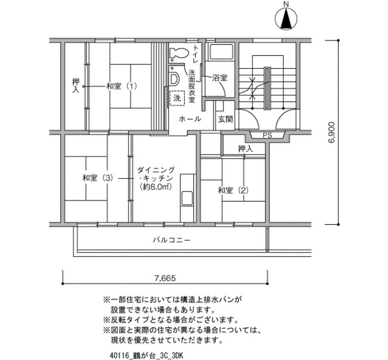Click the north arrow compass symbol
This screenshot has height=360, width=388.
[x=286, y=17]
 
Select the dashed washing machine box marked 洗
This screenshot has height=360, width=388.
[x=177, y=99]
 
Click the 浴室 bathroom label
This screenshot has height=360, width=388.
[x=219, y=78]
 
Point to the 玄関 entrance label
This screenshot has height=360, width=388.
[x=225, y=120]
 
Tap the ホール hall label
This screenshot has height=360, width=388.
[x=190, y=119]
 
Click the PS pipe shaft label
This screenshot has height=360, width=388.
[x=267, y=136]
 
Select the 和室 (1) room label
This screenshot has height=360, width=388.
[x=121, y=86]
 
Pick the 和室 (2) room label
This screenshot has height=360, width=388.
[x=233, y=191]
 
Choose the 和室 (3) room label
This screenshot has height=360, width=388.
[x=98, y=178]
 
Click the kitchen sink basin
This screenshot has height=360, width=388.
[x=187, y=198]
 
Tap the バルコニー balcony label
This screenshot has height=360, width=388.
[x=172, y=240]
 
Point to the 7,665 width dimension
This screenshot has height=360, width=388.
[x=165, y=279]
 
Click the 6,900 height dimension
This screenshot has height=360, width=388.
[x=331, y=132]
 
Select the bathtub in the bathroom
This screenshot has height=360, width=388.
[x=221, y=52]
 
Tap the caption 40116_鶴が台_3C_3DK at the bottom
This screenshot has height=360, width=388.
[x=146, y=356]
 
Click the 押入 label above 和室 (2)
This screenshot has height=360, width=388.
[x=246, y=149]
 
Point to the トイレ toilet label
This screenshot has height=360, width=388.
[x=196, y=54]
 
